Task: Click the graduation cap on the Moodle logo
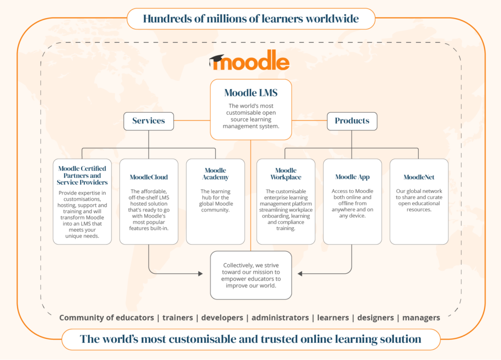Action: coord(216,59)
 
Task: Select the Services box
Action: coord(149,121)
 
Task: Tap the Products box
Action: coord(352,121)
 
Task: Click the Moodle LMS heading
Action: coord(251,93)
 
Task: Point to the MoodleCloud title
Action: coord(149,177)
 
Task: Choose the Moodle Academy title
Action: coord(215,173)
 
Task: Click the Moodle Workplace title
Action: coord(286,173)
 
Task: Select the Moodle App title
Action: coord(352,177)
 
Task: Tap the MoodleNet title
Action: coord(419,177)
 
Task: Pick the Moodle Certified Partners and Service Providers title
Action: coord(82,175)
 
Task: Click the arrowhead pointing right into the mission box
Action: coord(200,274)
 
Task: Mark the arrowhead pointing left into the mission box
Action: coord(300,274)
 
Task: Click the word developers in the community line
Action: coord(222,317)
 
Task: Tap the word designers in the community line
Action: coord(375,318)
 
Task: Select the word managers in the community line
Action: coord(421,318)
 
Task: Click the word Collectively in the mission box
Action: coord(238,265)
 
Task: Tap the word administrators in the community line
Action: coord(280,317)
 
